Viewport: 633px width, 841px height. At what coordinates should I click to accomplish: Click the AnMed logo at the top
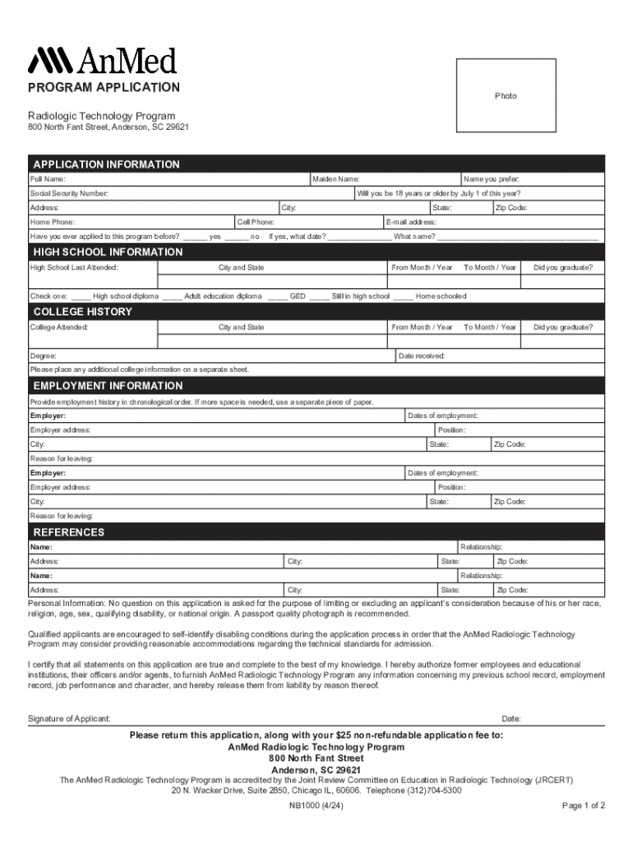coord(103,60)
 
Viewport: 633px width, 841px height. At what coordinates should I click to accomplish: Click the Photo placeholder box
coord(506,96)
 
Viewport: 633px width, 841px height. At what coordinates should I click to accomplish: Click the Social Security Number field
coord(230,194)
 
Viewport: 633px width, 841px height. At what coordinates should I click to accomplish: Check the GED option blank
coord(277,296)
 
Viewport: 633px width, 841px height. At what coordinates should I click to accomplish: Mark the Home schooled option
coord(404,296)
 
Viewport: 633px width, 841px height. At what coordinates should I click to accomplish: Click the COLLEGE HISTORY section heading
coord(82,312)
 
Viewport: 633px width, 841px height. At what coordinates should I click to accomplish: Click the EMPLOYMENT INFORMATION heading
coord(108,386)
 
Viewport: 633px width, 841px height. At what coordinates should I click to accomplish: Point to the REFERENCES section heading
coord(69,532)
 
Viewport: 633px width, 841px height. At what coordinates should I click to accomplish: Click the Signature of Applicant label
coord(69,719)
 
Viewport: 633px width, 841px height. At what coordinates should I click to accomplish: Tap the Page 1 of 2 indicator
coord(583,806)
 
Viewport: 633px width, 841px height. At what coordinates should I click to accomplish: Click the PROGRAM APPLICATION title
coord(104,88)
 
